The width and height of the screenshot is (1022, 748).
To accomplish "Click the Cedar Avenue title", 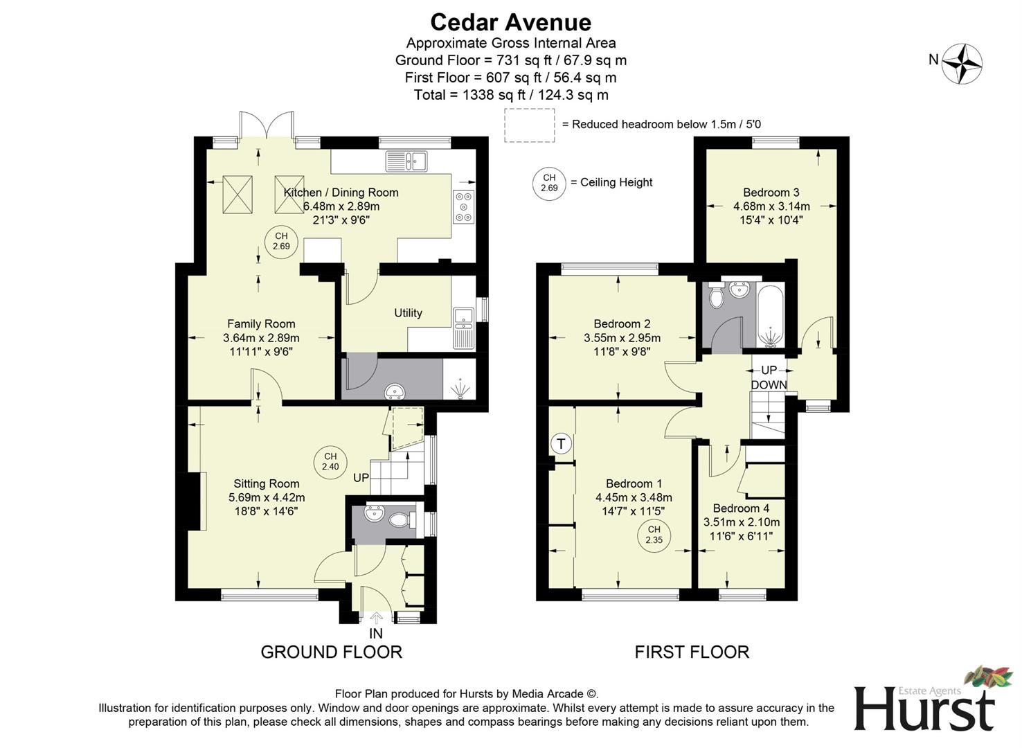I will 510,22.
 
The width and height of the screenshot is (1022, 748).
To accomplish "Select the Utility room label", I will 408,313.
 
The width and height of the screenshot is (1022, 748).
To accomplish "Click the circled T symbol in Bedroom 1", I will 562,443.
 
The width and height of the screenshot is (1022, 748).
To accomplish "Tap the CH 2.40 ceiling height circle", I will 330,461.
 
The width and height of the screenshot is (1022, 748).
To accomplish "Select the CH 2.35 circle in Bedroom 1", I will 654,535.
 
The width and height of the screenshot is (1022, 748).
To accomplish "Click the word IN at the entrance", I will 375,634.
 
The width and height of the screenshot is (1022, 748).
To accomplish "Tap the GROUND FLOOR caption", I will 331,652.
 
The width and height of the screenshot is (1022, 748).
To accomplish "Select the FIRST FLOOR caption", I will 692,652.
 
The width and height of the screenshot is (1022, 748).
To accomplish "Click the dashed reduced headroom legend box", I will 530,125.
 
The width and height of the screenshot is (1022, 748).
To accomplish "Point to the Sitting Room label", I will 266,484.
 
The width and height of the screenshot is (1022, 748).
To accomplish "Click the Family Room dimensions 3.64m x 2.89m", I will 261,338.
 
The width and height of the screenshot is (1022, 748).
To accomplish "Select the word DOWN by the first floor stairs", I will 769,385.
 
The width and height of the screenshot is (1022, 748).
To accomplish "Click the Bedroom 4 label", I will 741,508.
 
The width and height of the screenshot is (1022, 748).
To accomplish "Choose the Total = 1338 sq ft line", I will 510,95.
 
